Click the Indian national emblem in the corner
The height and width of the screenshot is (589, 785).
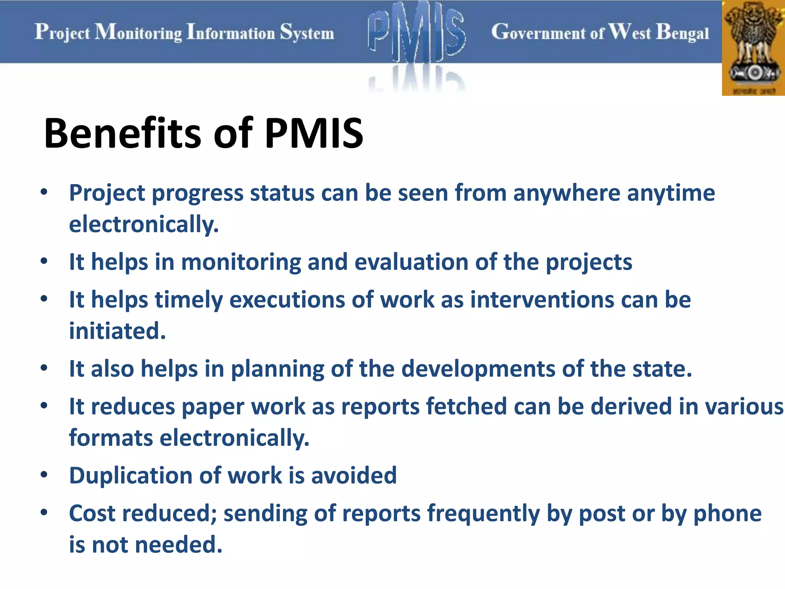point(754,48)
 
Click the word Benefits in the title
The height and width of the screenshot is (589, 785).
point(122,133)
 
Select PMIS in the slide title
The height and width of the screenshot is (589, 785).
point(314,133)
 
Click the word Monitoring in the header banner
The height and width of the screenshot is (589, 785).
point(139,32)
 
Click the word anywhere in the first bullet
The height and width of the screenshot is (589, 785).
point(567,193)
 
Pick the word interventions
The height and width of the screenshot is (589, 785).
point(542,299)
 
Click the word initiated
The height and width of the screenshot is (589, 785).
point(117,331)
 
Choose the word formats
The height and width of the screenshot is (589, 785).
point(111,438)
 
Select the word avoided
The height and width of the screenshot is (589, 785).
point(354,476)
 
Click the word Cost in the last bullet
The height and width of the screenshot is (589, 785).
point(92,513)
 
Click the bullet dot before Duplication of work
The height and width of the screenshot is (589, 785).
point(44,475)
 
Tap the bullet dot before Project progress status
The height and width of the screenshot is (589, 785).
point(44,192)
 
